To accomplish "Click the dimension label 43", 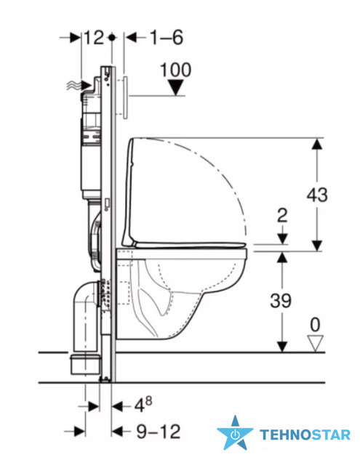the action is point(317,195).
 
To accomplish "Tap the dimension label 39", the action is point(281,300).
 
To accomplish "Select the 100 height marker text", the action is point(176,70).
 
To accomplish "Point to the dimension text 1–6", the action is point(167,38).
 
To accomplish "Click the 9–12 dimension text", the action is point(159,432).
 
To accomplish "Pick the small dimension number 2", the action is point(282,215).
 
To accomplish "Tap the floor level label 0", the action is point(315,325).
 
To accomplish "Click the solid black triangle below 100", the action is point(176,87).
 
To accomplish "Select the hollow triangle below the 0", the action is point(315,344).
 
